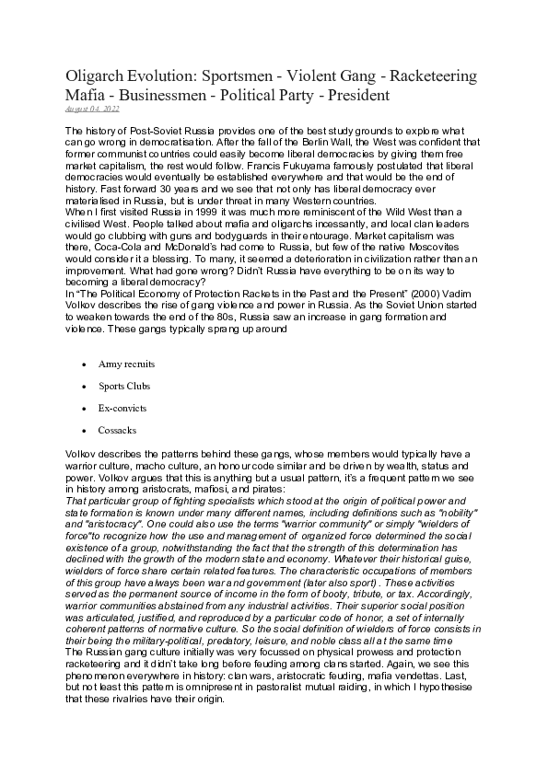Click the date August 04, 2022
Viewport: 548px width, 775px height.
coord(92,109)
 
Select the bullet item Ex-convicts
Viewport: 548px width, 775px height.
coord(122,408)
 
